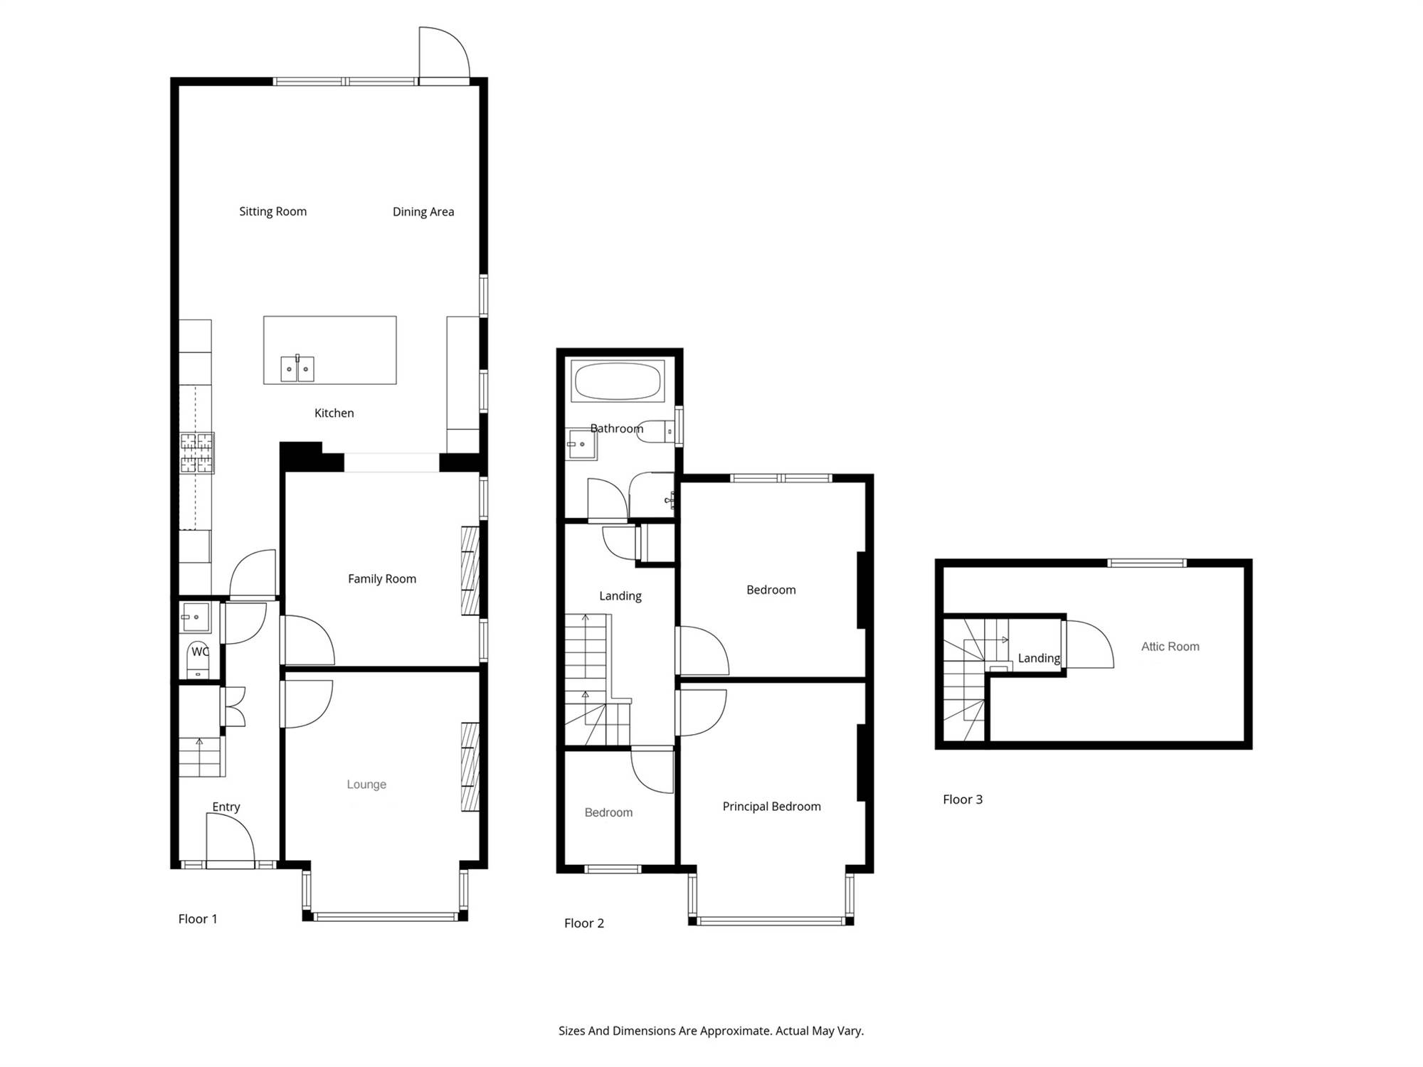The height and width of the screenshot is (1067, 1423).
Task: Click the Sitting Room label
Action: pos(273,211)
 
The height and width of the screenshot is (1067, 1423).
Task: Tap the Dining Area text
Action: pos(423,211)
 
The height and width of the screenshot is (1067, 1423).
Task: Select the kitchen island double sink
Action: pos(297,368)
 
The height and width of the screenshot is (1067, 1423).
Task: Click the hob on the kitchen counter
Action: pos(197,453)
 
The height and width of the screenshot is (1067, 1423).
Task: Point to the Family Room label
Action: pos(382,579)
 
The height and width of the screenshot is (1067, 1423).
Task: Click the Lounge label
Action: pos(366,785)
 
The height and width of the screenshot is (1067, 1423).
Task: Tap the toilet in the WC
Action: pos(198,660)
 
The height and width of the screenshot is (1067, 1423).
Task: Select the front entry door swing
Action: pos(231,839)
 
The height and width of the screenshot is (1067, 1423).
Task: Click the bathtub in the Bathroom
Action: pos(618,381)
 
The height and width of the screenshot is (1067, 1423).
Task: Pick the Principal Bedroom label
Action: pos(772,807)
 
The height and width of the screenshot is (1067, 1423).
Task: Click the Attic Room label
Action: pos(1170,647)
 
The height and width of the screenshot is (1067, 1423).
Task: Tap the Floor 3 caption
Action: pos(963,800)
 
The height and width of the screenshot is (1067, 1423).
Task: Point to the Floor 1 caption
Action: pos(198,919)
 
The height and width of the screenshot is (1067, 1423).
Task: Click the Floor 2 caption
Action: pos(584,923)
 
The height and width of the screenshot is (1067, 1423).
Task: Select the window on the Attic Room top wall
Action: pos(1147,563)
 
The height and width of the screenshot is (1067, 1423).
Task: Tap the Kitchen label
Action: pos(334,413)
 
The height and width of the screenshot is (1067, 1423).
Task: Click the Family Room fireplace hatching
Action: pos(470,570)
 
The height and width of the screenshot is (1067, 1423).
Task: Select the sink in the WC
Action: pos(195,617)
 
